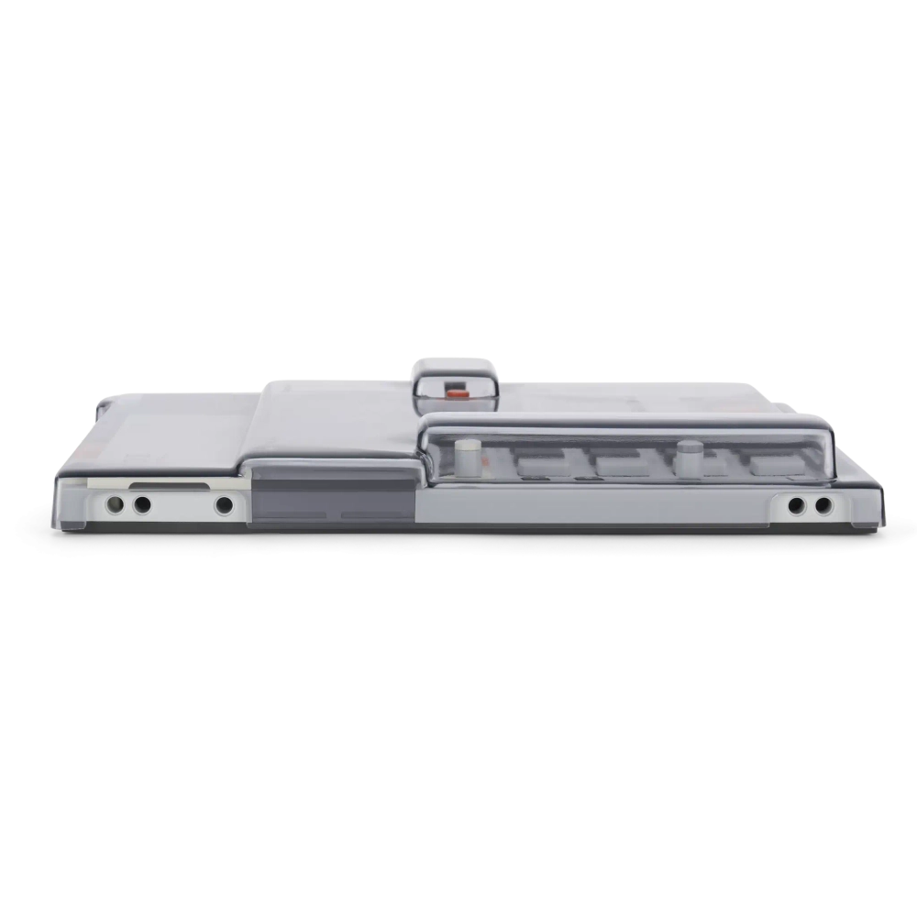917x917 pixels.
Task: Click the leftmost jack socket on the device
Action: pos(116,504)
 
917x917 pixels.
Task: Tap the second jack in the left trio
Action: pos(142,504)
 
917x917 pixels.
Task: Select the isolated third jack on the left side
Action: pos(224,504)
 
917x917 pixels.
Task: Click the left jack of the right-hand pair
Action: pos(796,504)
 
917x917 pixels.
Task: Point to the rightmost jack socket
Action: pos(823,504)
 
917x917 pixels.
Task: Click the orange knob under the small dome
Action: pos(456,392)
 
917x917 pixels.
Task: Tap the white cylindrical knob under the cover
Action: pos(469,455)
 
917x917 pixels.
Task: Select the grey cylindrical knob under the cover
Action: pos(689,457)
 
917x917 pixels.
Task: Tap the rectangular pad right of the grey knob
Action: pos(770,464)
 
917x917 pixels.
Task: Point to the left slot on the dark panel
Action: pos(296,515)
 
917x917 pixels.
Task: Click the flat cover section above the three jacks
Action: pos(179,431)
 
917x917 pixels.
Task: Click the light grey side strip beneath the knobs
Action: pos(596,504)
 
